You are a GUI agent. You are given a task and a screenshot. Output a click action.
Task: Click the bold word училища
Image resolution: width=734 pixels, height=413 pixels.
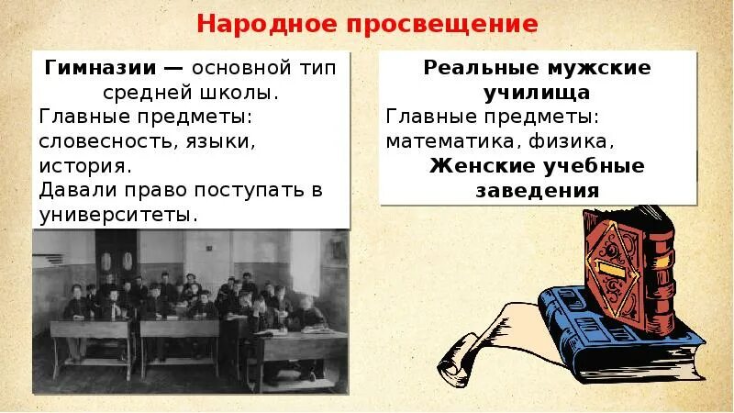point(537,93)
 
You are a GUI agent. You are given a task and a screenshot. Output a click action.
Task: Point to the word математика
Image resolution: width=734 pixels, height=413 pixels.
point(451,141)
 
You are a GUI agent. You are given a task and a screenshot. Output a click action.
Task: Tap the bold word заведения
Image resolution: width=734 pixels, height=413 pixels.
point(537,191)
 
